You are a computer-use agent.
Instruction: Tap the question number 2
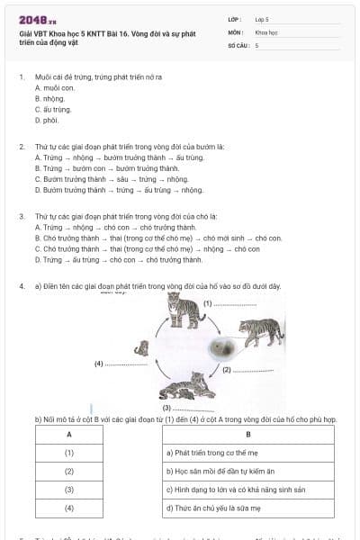(22, 147)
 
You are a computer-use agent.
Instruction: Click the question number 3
(22, 217)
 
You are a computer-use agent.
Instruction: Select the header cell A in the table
(69, 435)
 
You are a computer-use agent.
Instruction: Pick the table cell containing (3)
(69, 490)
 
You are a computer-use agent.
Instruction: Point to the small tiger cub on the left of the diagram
(141, 347)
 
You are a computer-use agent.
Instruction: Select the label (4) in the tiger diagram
(99, 364)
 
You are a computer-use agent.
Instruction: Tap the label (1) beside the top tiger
(207, 303)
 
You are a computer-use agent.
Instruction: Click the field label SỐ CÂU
(238, 45)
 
